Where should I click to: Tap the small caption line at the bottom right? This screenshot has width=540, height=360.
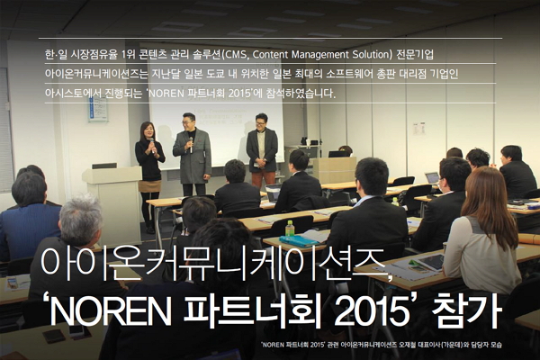[396, 346]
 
